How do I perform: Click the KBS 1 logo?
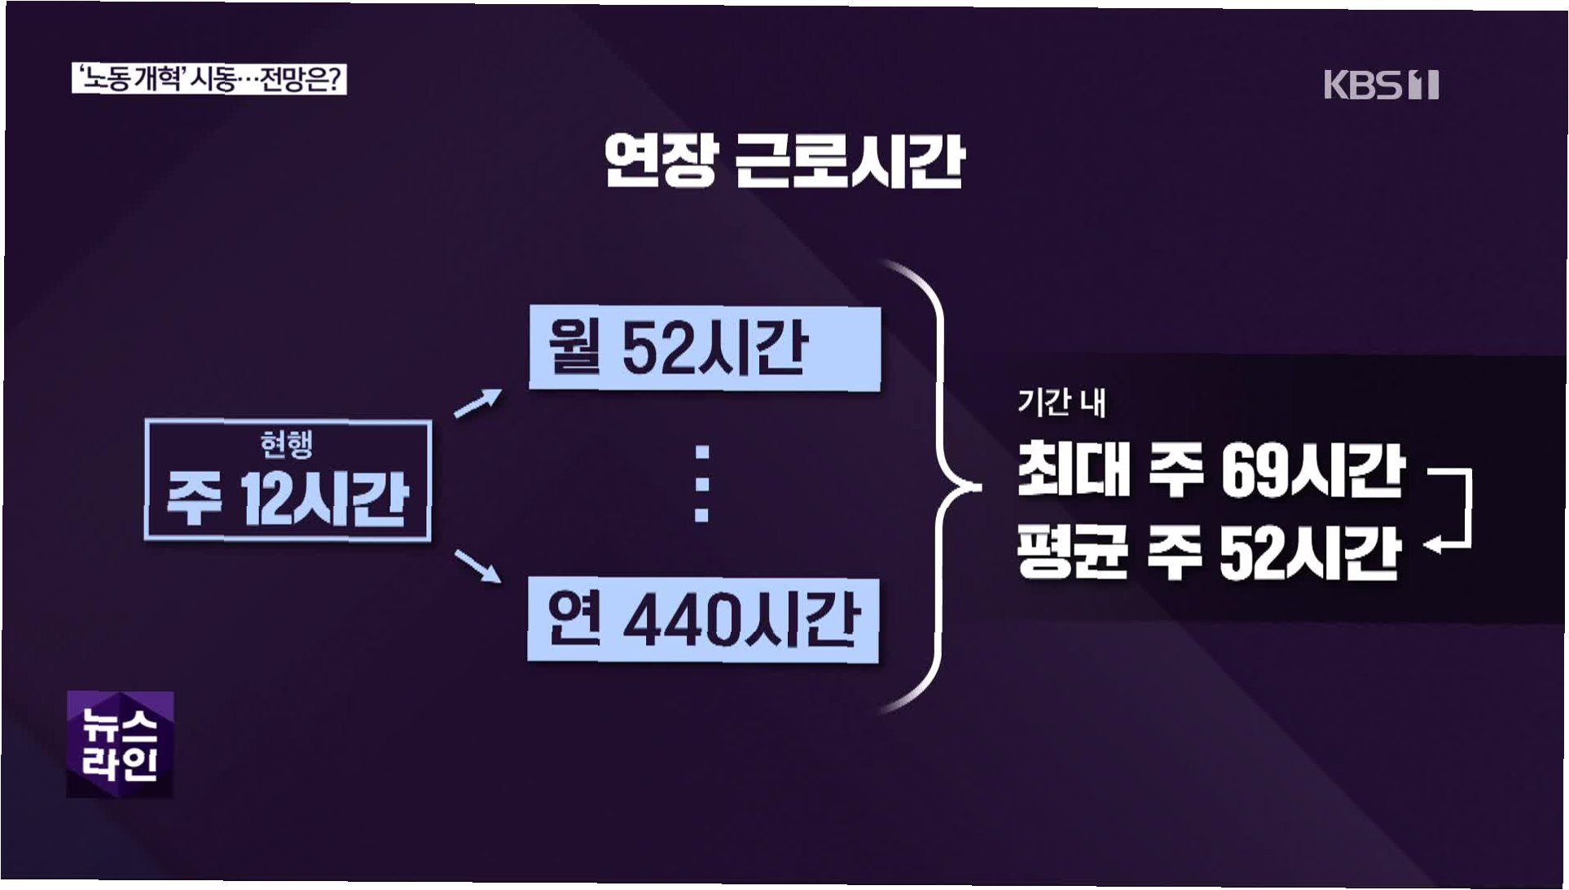click(1381, 86)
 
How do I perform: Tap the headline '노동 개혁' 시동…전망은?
click(209, 80)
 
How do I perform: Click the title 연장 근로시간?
click(784, 161)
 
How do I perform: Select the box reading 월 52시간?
click(705, 349)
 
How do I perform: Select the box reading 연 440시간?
click(703, 620)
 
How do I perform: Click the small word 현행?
click(287, 444)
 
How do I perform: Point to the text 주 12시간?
click(287, 498)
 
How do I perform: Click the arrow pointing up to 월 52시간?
click(478, 403)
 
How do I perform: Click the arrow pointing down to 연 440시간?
click(478, 566)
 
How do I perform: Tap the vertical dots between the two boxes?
click(701, 483)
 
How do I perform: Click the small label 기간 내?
click(1061, 403)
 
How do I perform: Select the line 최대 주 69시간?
click(1211, 470)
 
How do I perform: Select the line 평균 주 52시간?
click(1209, 553)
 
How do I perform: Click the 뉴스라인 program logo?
click(120, 744)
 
